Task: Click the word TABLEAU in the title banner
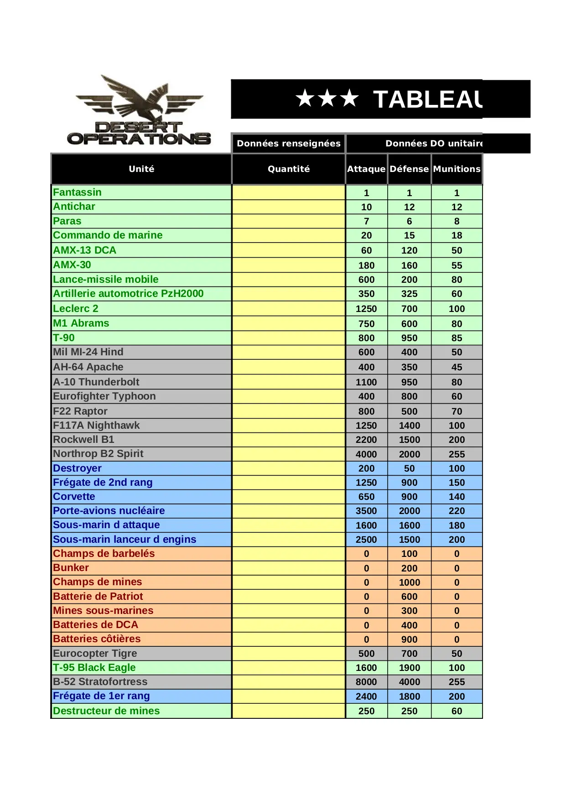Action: (427, 99)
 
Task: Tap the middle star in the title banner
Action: (327, 99)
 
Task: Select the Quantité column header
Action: (289, 169)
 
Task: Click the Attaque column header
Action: (366, 169)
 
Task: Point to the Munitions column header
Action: (457, 169)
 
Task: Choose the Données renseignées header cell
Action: (289, 144)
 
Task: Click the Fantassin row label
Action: (78, 192)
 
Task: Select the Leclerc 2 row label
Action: (76, 309)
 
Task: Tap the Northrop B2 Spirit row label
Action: (98, 454)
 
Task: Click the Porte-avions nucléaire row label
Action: (109, 511)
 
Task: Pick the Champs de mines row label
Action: (98, 582)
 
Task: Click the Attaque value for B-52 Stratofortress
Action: (366, 682)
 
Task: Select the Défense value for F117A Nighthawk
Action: (410, 426)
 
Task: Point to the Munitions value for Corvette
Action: (457, 497)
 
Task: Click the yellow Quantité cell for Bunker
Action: (289, 568)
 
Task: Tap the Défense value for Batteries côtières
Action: (410, 639)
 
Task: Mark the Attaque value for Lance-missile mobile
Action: (366, 280)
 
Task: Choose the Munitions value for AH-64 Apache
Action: (457, 368)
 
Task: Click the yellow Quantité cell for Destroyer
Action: (289, 468)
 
